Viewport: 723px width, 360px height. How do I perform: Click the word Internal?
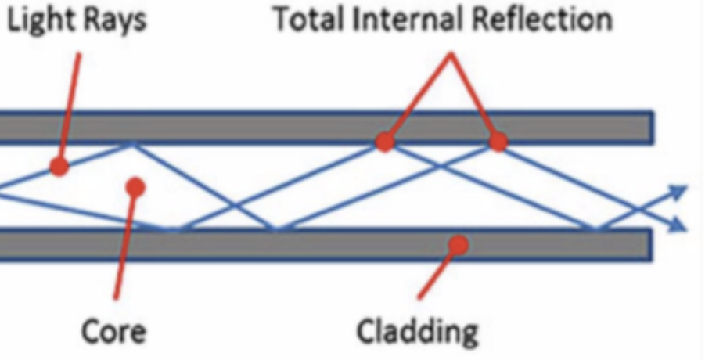[406, 20]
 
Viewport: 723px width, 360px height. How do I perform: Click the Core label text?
[113, 331]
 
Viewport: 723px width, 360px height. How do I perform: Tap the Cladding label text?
[417, 331]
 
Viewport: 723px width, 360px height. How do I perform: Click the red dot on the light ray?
[59, 166]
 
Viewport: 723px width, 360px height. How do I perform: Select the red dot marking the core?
[136, 186]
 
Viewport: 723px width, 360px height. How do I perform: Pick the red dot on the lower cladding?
[459, 245]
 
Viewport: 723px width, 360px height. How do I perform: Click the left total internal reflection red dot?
[384, 142]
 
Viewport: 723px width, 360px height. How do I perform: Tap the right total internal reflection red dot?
[498, 142]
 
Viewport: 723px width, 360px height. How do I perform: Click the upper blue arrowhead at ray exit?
[678, 190]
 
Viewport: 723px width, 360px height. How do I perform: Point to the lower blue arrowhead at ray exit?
[678, 227]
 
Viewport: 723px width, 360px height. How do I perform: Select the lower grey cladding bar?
[313, 245]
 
